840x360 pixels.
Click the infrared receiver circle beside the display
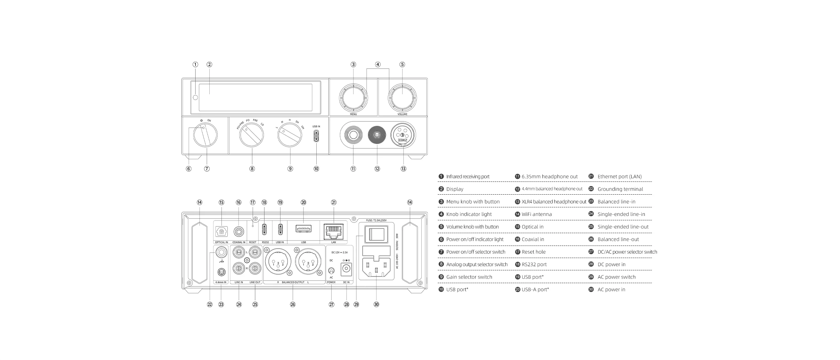pos(196,97)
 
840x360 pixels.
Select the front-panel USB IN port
pos(316,136)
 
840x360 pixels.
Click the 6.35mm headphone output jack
pos(353,135)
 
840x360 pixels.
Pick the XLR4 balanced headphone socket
pos(403,135)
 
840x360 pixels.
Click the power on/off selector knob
pos(205,135)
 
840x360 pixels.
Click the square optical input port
pos(221,232)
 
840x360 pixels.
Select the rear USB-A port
pos(303,228)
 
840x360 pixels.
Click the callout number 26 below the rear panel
pos(293,305)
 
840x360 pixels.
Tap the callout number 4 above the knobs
pos(378,65)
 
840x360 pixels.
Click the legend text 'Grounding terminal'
pos(620,189)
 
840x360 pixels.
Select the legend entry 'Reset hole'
pos(534,252)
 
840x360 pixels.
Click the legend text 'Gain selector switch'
pos(469,277)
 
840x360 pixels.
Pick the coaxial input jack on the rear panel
pos(239,232)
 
